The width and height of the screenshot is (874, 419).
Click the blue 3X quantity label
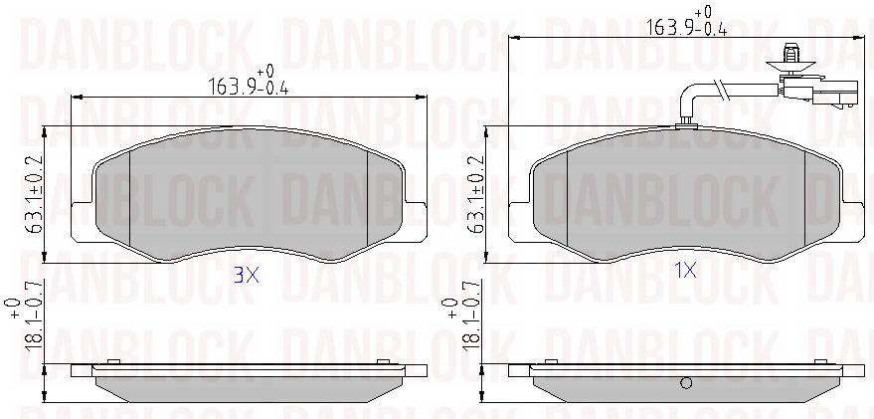246,275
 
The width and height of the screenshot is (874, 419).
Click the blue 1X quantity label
685,271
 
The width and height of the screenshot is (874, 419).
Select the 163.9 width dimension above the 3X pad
249,81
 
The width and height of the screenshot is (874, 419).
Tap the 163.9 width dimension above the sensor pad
687,20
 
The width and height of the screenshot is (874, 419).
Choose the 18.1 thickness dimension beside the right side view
463,323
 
